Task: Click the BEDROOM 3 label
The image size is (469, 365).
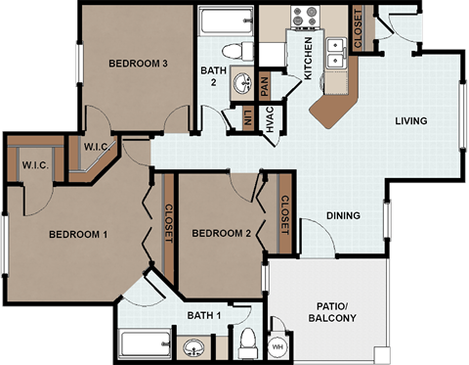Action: click(x=139, y=64)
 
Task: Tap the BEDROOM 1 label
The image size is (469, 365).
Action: click(x=78, y=234)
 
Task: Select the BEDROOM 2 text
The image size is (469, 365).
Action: click(x=222, y=233)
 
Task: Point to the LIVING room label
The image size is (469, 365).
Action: click(x=412, y=121)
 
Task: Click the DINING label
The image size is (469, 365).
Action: click(x=343, y=216)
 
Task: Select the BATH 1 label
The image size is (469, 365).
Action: click(x=204, y=314)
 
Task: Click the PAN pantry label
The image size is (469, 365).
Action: click(x=264, y=85)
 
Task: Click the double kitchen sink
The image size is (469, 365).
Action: click(x=337, y=52)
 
